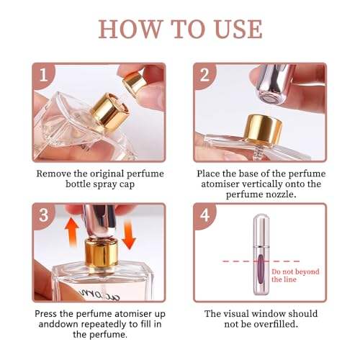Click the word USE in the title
pos(238,29)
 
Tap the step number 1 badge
pos(43,75)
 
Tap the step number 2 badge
pos(204,75)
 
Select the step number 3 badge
pos(44,215)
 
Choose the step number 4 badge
pos(205,215)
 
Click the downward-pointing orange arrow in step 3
pos(130,235)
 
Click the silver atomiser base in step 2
pos(274,84)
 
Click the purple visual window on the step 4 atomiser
pos(261,270)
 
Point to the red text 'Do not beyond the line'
pos(295,276)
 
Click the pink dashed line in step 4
pos(261,261)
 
